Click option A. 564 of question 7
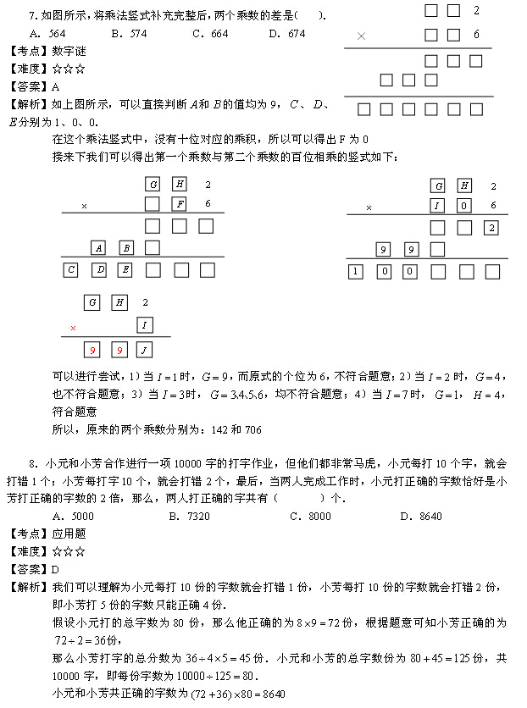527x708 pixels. (x=47, y=34)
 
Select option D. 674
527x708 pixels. (x=286, y=34)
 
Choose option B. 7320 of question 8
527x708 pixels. (x=190, y=516)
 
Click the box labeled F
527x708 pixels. (x=180, y=204)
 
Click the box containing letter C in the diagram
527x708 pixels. (x=72, y=270)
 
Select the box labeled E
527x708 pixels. (x=125, y=270)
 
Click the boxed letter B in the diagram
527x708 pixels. (x=126, y=248)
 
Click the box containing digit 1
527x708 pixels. (x=356, y=271)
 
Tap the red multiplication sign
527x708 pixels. (x=73, y=327)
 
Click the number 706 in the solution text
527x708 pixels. (x=252, y=429)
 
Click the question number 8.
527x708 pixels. (x=31, y=463)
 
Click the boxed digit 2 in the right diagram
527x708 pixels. (x=491, y=228)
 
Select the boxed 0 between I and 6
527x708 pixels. (x=464, y=206)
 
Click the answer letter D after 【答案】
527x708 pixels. (x=56, y=569)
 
